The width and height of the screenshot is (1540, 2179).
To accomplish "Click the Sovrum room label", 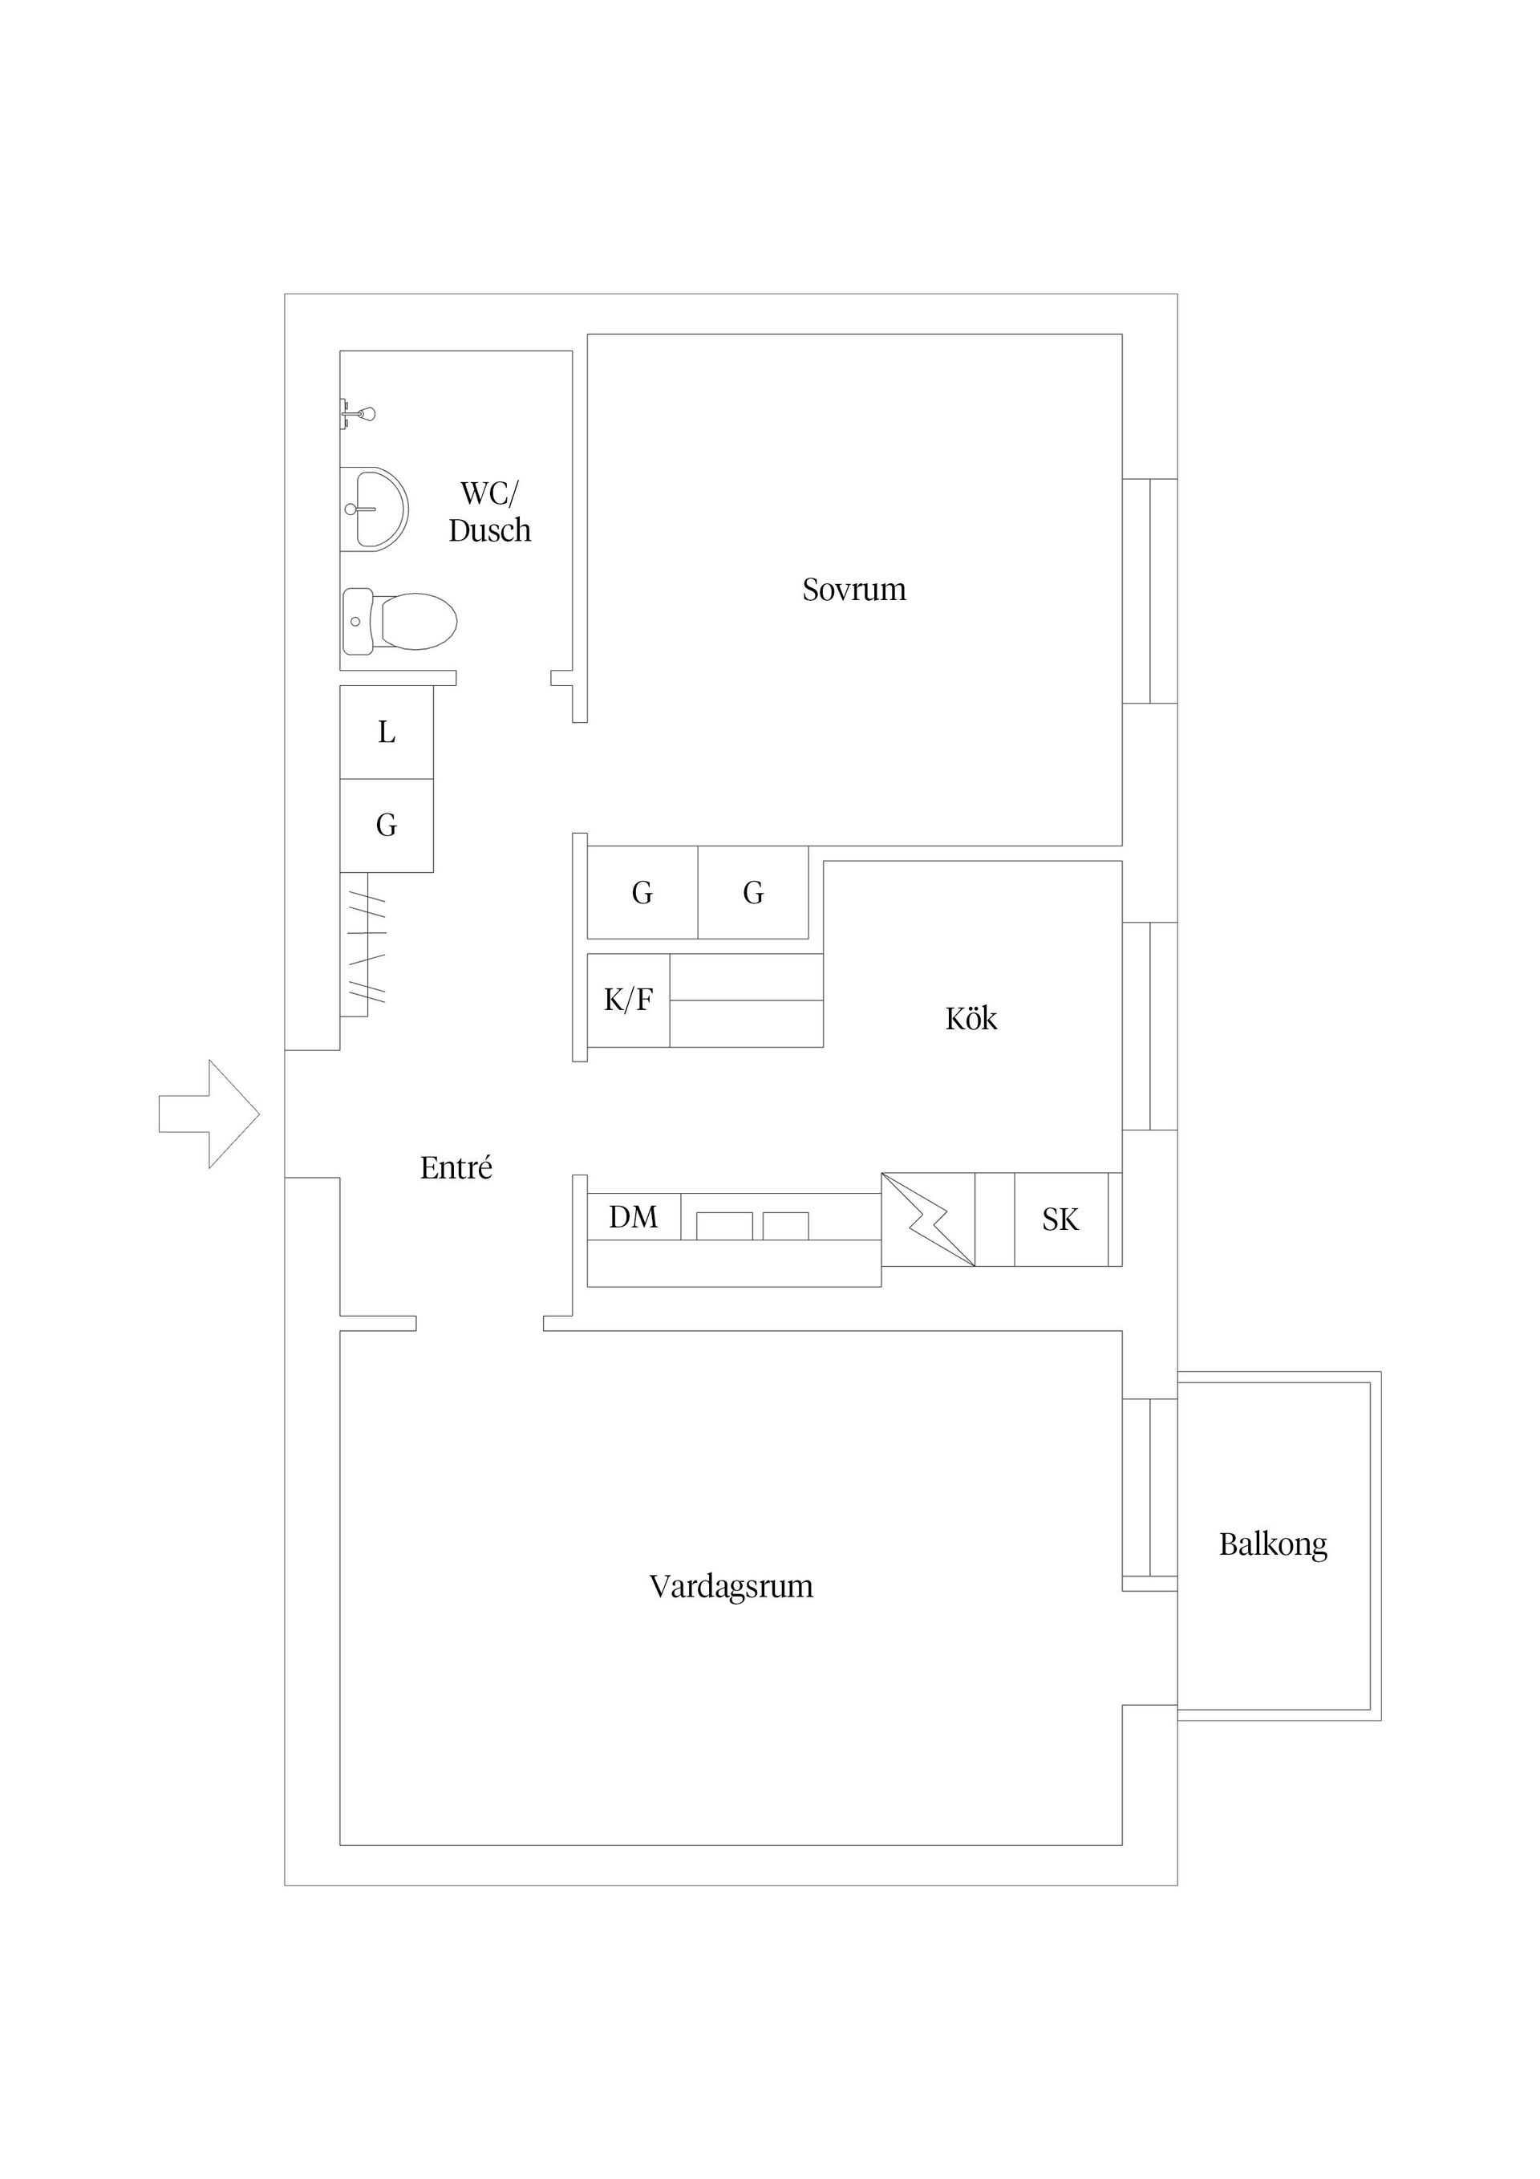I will click(x=854, y=590).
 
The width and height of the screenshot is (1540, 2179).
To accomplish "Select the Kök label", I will click(x=971, y=1019).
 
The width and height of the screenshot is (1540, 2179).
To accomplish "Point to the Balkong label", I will click(x=1272, y=1544).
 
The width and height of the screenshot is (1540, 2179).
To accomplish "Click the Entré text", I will click(x=456, y=1168).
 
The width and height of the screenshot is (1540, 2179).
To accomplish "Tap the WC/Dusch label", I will click(x=489, y=512).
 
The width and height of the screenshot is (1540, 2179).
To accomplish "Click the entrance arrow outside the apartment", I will click(x=209, y=1114).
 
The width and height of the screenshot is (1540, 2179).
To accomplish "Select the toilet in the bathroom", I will click(x=399, y=622).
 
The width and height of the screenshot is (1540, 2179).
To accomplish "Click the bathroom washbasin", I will click(x=374, y=509).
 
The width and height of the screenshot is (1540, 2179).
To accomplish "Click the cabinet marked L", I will click(x=386, y=732).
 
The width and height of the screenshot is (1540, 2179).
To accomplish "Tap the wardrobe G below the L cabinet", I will click(x=386, y=825).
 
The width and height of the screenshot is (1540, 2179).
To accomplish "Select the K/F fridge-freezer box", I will click(x=628, y=1000).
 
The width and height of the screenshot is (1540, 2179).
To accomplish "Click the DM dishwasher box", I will click(x=633, y=1217).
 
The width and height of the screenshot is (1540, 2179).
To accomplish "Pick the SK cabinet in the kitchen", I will click(x=1060, y=1219).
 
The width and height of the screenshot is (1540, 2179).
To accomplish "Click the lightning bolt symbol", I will click(x=927, y=1219).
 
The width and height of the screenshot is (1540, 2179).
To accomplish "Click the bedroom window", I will click(x=1150, y=591).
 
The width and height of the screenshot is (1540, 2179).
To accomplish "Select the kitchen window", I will click(x=1150, y=1025).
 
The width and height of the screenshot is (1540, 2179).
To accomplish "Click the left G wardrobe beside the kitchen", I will click(x=642, y=892).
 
